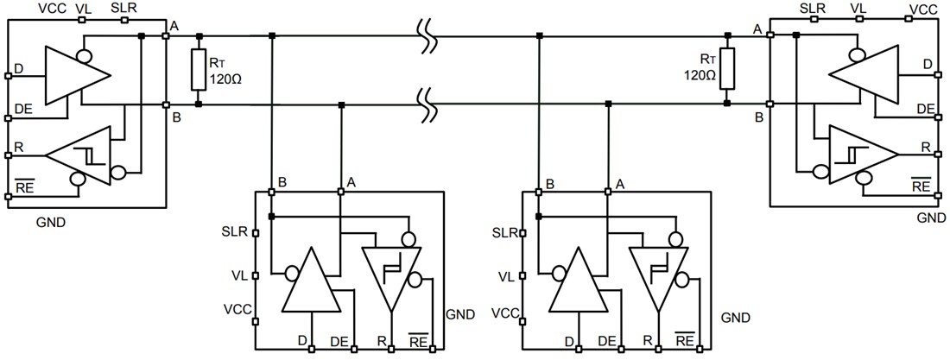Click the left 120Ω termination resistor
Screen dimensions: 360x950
[x=199, y=70]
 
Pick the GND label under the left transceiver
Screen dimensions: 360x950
[x=50, y=222]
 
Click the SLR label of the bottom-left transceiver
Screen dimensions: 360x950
[x=235, y=232]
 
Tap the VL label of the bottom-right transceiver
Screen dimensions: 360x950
[x=507, y=276]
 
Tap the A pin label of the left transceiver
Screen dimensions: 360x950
[x=174, y=26]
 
